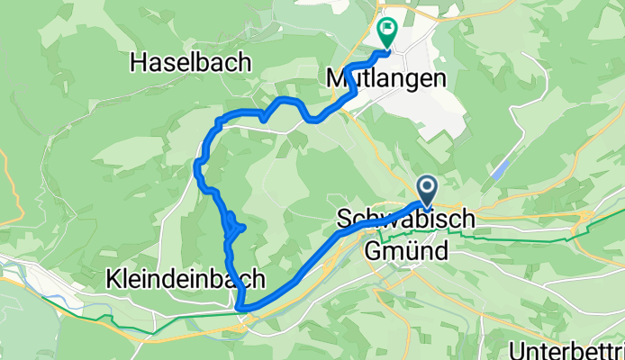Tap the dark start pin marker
(427, 190)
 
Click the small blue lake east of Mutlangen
(502, 169)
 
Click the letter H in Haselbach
(139, 61)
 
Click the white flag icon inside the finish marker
(388, 29)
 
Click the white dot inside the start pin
(427, 186)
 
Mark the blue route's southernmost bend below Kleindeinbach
(241, 309)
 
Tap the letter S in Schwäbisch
(343, 220)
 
